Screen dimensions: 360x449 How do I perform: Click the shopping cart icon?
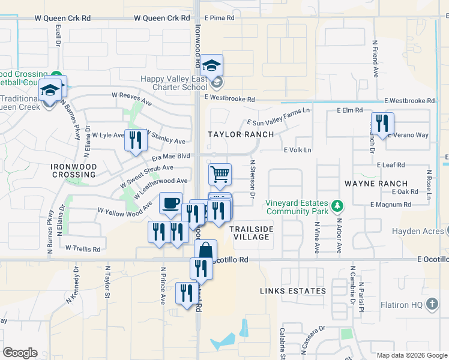pos(220,174)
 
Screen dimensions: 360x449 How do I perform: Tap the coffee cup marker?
pos(170,202)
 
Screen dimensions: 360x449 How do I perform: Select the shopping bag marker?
pos(205,250)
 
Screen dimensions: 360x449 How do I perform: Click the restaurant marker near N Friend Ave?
pos(382,123)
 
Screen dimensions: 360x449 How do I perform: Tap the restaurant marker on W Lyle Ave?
pos(135,140)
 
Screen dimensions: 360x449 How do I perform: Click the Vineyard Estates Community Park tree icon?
pos(338,206)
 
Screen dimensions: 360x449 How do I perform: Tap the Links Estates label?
pos(293,291)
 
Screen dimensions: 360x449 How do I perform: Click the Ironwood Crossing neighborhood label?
pos(73,170)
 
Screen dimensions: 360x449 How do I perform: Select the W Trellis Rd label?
pos(85,248)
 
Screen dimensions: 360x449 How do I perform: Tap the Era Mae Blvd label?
pos(166,157)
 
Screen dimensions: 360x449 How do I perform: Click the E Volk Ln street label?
pos(298,150)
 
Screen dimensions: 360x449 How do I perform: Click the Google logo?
pos(20,353)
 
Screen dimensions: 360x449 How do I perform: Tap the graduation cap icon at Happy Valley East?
pos(211,64)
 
